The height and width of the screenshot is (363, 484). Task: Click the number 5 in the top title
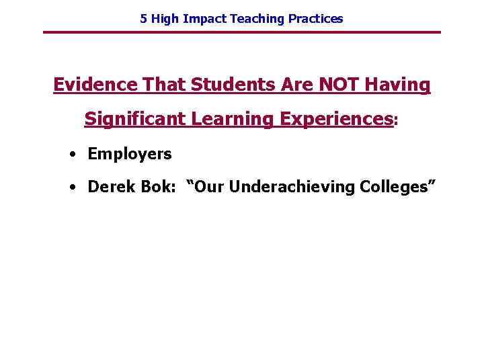(143, 19)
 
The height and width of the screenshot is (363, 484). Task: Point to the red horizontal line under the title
(242, 32)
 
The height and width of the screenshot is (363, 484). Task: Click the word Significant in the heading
(135, 119)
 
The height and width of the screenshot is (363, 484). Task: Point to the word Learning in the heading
(233, 119)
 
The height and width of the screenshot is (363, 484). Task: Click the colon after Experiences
(396, 121)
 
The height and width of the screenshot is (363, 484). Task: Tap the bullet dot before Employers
(71, 154)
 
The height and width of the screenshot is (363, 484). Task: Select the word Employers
(130, 154)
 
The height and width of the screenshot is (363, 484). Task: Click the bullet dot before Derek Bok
(71, 187)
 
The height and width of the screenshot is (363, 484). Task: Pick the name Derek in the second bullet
(109, 186)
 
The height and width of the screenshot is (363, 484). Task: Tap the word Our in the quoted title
(210, 186)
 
